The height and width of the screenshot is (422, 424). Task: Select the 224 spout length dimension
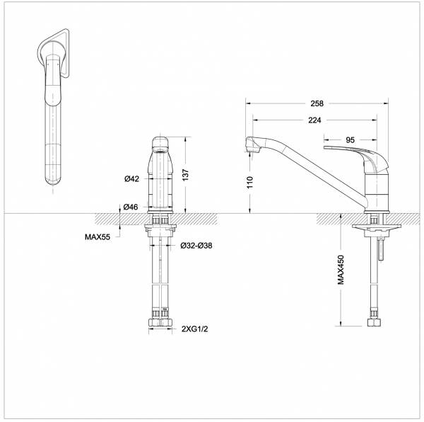pos(316,120)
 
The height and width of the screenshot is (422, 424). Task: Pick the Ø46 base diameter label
pos(131,206)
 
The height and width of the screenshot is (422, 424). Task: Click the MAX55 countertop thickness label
pos(96,238)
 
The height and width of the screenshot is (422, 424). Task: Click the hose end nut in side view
pos(374,326)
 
